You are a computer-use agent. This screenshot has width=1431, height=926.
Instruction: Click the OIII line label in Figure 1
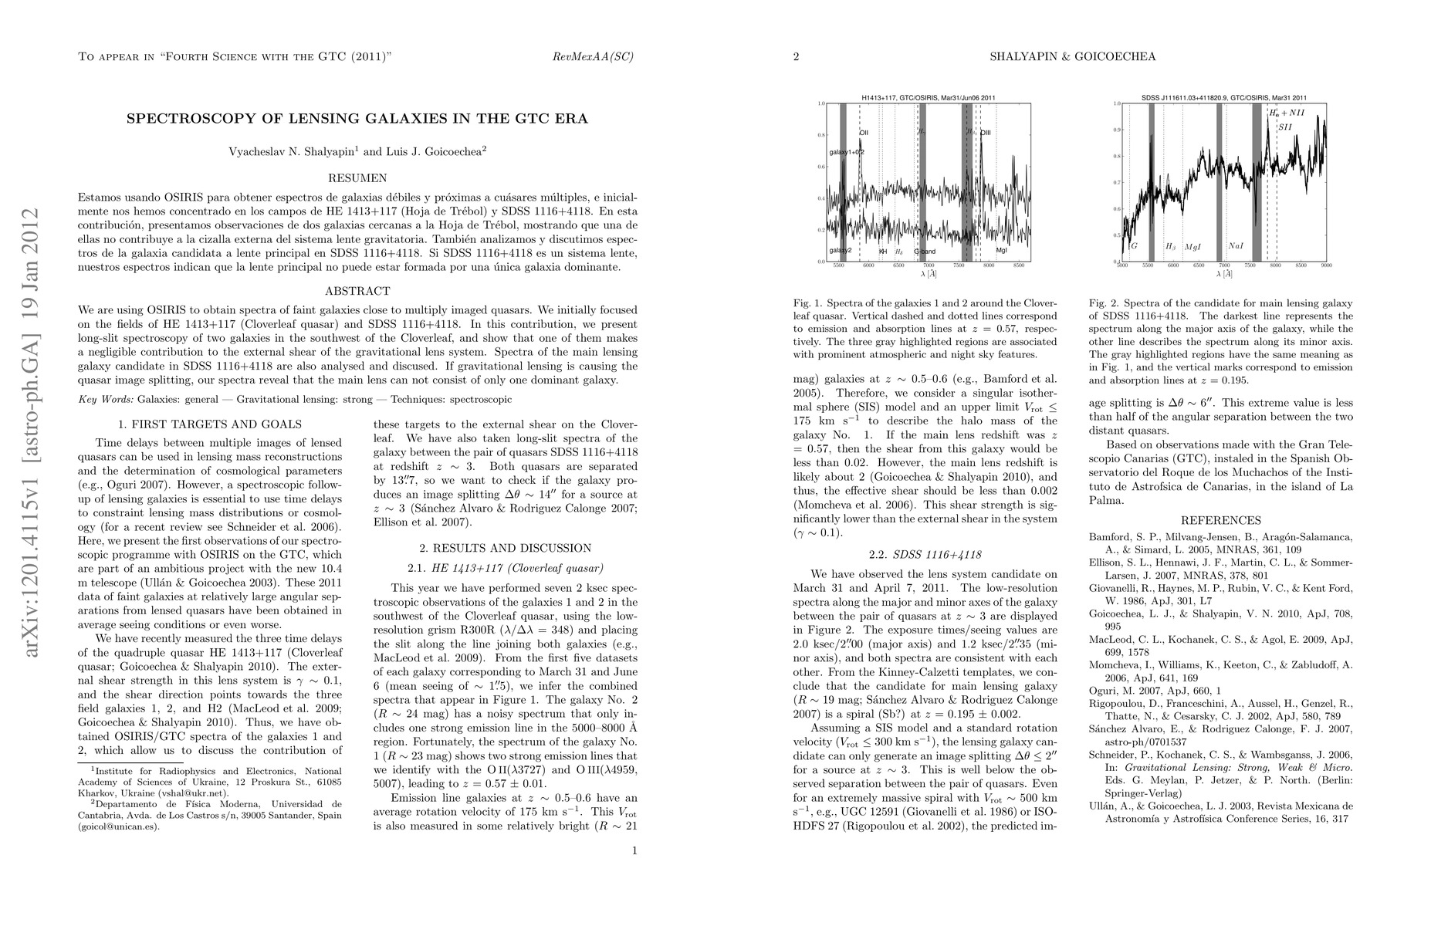tap(986, 133)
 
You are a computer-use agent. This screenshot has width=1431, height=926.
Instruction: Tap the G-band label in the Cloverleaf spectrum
tap(925, 252)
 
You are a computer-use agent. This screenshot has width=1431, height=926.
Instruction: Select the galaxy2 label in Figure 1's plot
tap(841, 252)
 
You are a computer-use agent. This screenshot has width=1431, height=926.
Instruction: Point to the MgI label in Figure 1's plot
tap(1001, 252)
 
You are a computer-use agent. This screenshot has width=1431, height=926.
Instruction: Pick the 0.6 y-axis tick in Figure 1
tap(820, 166)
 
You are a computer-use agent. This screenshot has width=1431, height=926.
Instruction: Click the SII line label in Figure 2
tap(1284, 127)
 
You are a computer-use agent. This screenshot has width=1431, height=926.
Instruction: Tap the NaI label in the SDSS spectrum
tap(1236, 246)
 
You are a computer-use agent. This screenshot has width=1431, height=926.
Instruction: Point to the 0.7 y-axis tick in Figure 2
tap(1116, 183)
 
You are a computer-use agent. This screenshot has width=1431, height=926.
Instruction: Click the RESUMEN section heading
tap(357, 178)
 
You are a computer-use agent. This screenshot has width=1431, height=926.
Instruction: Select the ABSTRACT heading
tap(357, 291)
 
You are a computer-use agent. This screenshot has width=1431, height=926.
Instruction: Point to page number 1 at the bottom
tap(634, 851)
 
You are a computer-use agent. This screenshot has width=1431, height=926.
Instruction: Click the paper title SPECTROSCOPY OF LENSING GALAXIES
tap(357, 119)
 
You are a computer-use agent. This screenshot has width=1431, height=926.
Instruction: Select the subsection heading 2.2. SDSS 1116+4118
tap(925, 555)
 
